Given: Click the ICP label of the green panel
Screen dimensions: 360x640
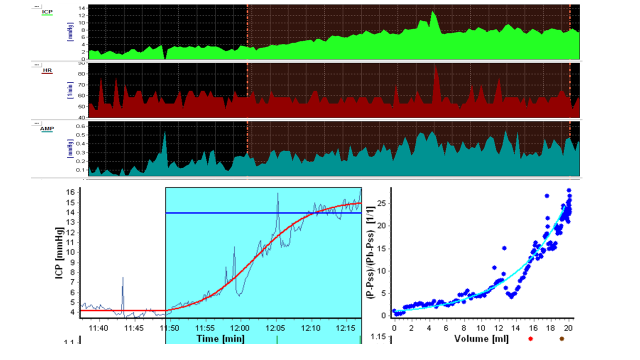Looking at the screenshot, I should click(47, 11).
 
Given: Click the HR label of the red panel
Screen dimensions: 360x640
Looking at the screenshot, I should click(47, 70).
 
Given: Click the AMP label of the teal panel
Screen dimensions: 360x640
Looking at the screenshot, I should click(47, 128).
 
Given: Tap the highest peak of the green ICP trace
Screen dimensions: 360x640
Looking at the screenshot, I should click(433, 11).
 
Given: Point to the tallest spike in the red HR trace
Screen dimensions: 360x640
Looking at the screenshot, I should click(435, 66).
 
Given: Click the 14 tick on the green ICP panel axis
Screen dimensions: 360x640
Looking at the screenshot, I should click(82, 8).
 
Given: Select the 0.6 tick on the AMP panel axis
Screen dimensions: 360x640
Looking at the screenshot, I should click(80, 126).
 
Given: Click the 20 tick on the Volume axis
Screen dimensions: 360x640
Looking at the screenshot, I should click(567, 327).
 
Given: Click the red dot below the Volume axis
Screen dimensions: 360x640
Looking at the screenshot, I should click(530, 339).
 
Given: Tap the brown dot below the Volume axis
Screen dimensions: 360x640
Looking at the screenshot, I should click(561, 339).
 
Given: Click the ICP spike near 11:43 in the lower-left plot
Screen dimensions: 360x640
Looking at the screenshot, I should click(122, 278).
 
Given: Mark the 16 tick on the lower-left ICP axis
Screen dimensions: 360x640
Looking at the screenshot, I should click(71, 192).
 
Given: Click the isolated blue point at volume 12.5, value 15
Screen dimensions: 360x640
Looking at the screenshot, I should click(504, 248).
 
